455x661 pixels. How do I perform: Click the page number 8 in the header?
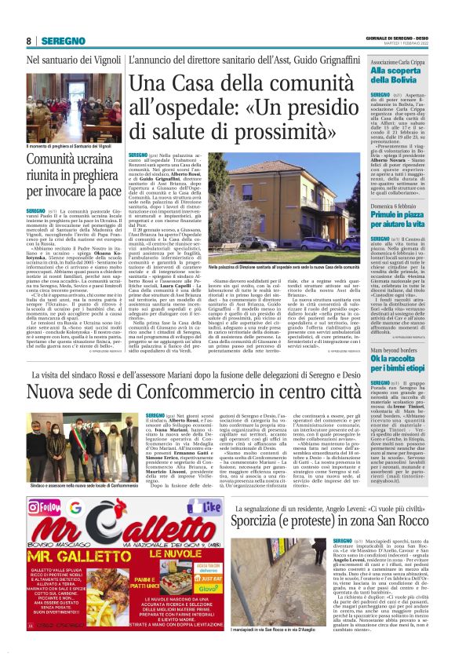pos(28,41)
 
